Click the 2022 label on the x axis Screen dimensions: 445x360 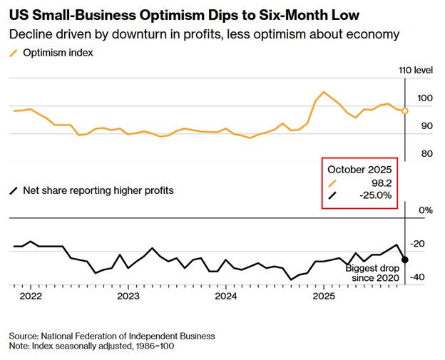[x=31, y=296]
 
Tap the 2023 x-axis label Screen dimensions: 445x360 [x=128, y=296]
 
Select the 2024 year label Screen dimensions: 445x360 [x=226, y=296]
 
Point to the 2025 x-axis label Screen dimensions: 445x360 [x=324, y=296]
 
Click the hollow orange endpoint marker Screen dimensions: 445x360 [x=405, y=111]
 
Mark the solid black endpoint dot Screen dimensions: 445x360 [x=405, y=259]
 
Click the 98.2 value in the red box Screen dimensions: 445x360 [x=382, y=183]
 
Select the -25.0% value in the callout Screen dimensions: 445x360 [x=375, y=195]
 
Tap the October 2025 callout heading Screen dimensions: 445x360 [x=359, y=170]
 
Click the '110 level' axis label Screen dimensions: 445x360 [x=416, y=70]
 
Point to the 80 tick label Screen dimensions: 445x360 [x=427, y=154]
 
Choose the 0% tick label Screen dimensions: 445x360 [x=426, y=210]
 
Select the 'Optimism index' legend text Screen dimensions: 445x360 [x=58, y=53]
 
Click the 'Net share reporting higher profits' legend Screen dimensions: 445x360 [x=98, y=190]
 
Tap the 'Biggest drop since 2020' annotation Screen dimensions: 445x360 [x=372, y=272]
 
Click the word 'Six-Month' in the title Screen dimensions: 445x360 [x=293, y=15]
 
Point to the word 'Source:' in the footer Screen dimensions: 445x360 [x=24, y=336]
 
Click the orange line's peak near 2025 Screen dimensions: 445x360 [x=324, y=92]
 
